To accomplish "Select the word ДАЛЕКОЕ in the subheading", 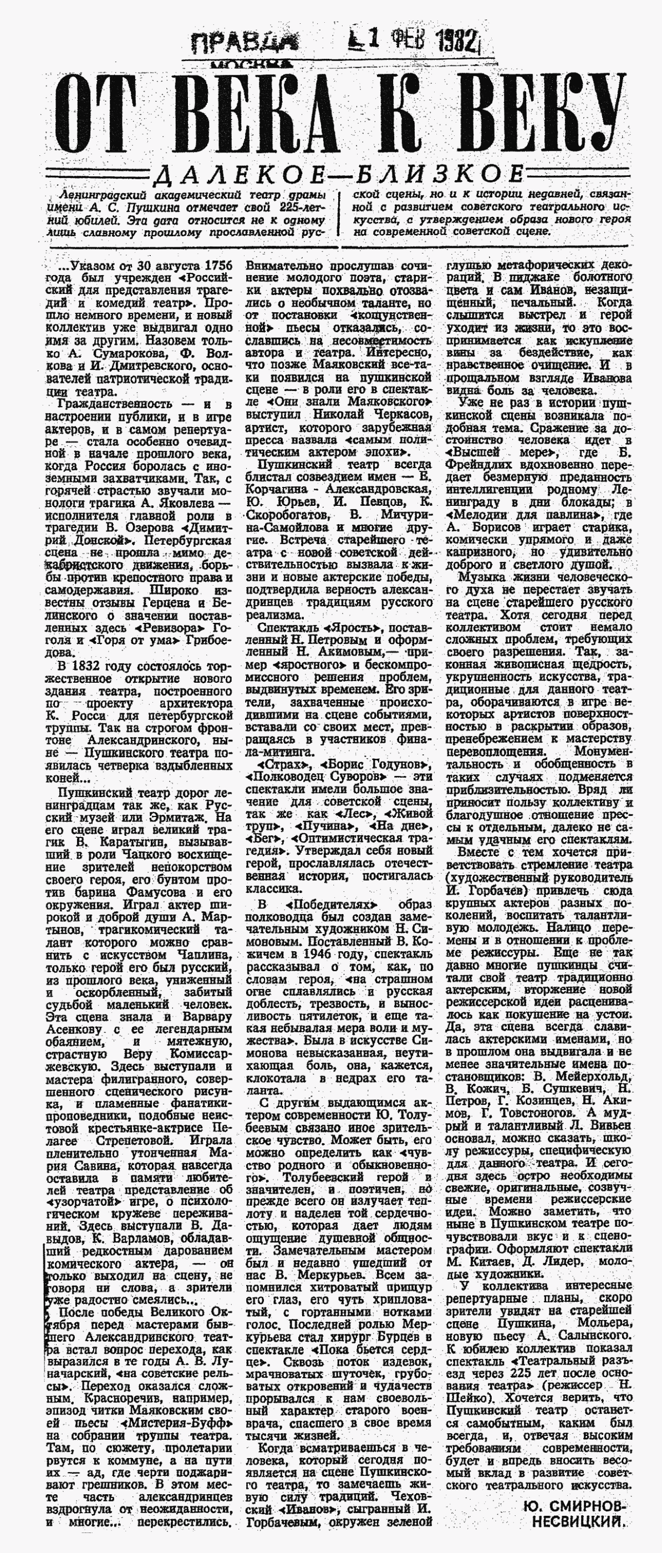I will click(x=236, y=175).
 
